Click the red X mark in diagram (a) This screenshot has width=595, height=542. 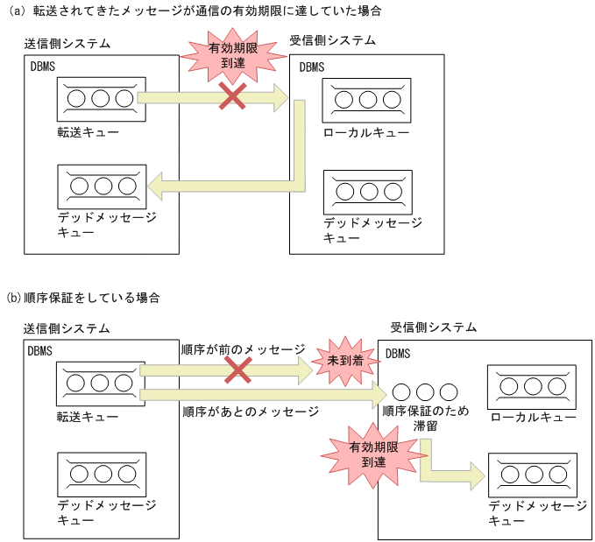pyautogui.click(x=232, y=96)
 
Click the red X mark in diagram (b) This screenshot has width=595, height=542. pyautogui.click(x=237, y=370)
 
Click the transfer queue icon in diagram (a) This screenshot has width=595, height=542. pyautogui.click(x=97, y=98)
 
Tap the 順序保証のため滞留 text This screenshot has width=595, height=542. pyautogui.click(x=426, y=419)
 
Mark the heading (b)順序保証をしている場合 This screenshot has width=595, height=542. pyautogui.click(x=82, y=298)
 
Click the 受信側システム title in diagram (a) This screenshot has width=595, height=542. pyautogui.click(x=333, y=40)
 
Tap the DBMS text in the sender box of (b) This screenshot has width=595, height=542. pyautogui.click(x=40, y=351)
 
